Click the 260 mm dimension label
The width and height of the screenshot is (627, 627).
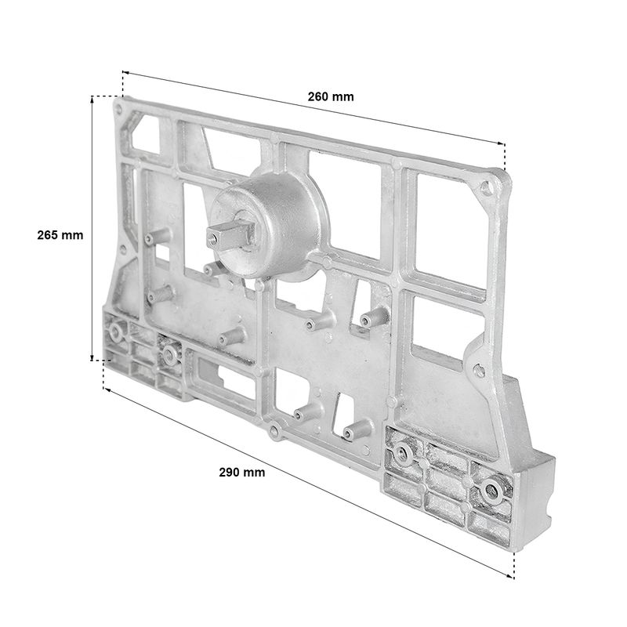[x=331, y=96]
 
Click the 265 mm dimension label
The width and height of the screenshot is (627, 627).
[x=60, y=234]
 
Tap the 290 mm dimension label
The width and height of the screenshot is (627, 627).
[x=242, y=473]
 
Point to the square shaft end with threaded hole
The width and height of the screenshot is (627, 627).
[x=230, y=236]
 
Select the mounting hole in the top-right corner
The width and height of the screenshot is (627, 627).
[x=486, y=187]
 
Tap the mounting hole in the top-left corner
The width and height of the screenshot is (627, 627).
[x=118, y=109]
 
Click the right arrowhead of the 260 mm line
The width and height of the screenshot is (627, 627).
[x=501, y=143]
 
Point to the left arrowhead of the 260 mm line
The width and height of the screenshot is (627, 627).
[x=125, y=72]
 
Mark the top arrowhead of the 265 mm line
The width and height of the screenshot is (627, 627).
[x=92, y=100]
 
